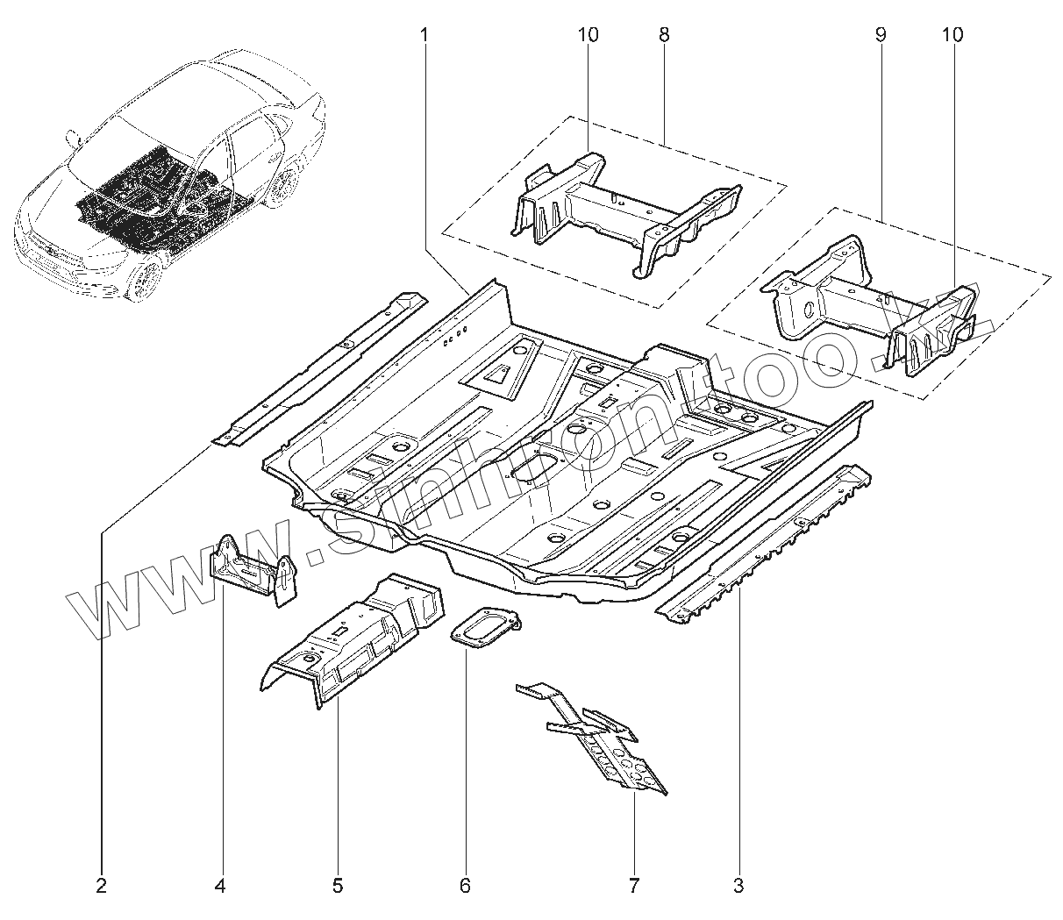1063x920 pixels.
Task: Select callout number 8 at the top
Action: pyautogui.click(x=663, y=35)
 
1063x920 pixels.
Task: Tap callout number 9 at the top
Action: pyautogui.click(x=880, y=35)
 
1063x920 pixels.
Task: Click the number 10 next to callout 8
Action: pyautogui.click(x=588, y=35)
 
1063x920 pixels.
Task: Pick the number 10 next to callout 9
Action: pyautogui.click(x=952, y=35)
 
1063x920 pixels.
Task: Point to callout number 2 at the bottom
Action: pyautogui.click(x=101, y=886)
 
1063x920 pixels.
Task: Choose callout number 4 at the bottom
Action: pyautogui.click(x=220, y=886)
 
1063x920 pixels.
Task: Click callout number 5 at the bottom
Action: pyautogui.click(x=338, y=886)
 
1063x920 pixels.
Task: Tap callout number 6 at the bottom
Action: pyautogui.click(x=465, y=886)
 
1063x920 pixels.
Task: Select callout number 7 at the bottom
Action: pyautogui.click(x=633, y=886)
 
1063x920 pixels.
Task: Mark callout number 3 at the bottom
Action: pyautogui.click(x=738, y=886)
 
